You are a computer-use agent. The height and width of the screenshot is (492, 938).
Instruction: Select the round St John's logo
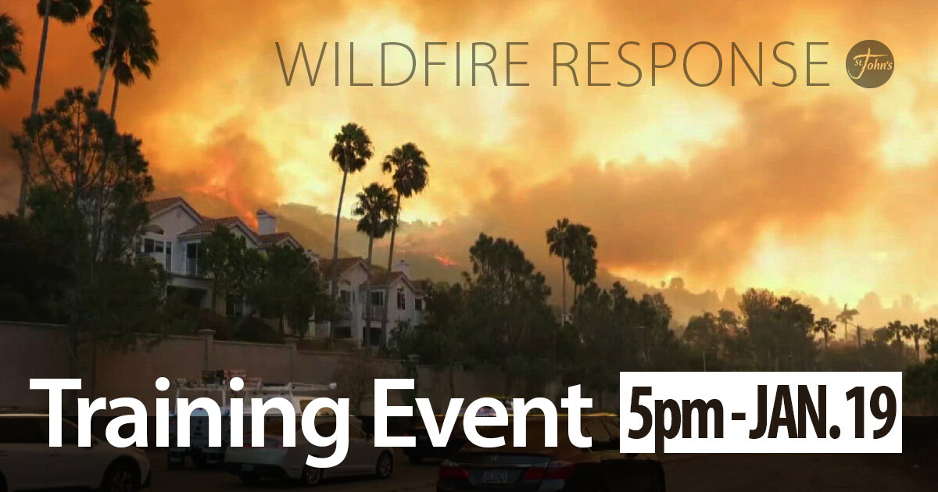870,64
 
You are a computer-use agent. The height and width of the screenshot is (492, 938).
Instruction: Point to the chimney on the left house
266,221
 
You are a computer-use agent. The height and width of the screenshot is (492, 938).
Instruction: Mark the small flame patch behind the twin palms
446,259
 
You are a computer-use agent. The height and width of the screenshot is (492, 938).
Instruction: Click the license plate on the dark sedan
494,475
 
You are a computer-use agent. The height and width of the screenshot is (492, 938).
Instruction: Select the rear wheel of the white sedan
383,465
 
